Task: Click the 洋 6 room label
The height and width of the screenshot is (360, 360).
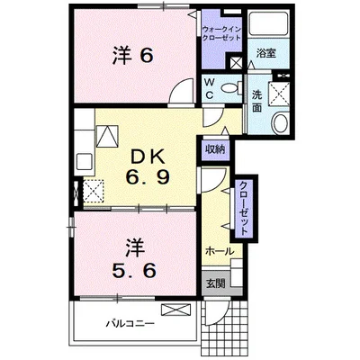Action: [x=133, y=56]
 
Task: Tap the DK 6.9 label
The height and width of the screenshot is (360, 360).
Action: [x=148, y=167]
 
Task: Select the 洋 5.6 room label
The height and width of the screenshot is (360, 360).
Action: [x=134, y=258]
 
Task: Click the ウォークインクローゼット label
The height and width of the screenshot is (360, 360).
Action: [x=221, y=33]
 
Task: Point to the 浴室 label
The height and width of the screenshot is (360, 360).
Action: [x=265, y=54]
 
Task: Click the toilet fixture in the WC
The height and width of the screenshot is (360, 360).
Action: [x=231, y=87]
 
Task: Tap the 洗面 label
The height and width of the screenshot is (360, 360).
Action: [x=256, y=102]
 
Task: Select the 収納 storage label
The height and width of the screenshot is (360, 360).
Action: [x=215, y=149]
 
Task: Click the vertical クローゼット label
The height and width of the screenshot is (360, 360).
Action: [x=244, y=209]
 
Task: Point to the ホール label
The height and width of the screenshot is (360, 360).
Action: [x=220, y=251]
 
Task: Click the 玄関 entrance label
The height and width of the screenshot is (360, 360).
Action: [x=215, y=283]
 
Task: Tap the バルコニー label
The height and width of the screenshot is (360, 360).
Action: [x=130, y=323]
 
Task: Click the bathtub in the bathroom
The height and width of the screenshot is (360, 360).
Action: [x=268, y=23]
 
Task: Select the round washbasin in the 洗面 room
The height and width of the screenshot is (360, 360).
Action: [x=280, y=122]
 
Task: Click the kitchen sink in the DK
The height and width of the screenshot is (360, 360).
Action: [x=85, y=162]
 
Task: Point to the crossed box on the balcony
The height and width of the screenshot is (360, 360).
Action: [x=175, y=310]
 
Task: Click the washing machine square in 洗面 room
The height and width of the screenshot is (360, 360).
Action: [x=279, y=93]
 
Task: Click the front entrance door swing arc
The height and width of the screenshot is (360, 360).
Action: [x=217, y=313]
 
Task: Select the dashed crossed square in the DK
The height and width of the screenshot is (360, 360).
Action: [x=94, y=191]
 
